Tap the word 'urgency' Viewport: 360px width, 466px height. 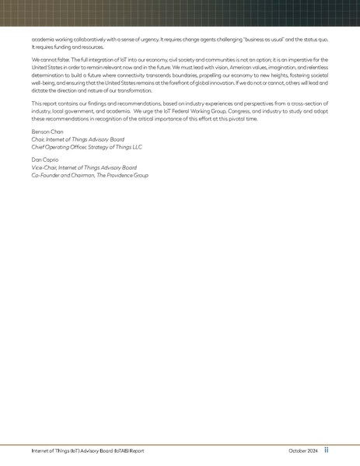coord(166,38)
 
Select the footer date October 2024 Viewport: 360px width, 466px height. coord(302,450)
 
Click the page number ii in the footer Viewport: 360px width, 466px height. coord(327,450)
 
